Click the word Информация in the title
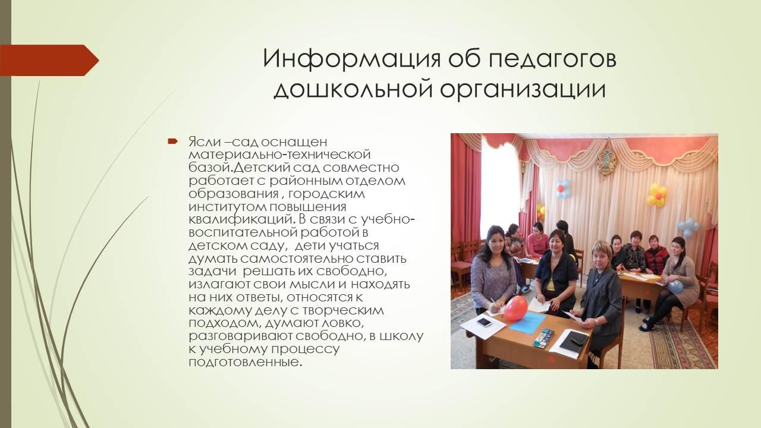tap(351, 59)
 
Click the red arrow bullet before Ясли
tap(172, 141)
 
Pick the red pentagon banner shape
tap(49, 60)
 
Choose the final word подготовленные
tap(245, 362)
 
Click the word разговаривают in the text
tap(240, 336)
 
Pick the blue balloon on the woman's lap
tap(675, 287)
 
